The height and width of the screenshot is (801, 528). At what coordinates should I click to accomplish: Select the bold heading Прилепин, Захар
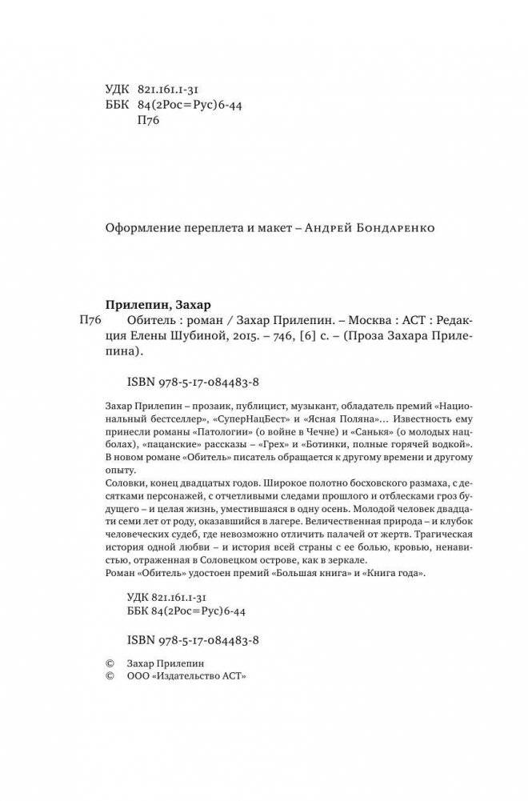point(157,303)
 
